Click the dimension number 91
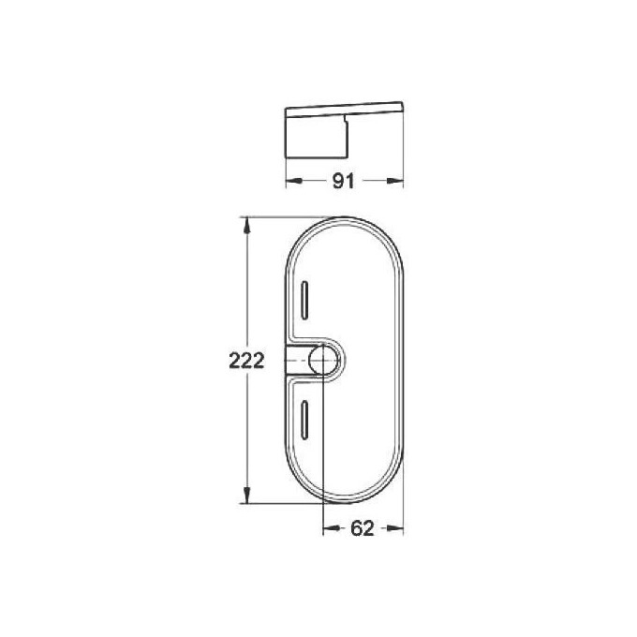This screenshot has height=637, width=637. [344, 182]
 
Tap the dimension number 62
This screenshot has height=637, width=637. [363, 529]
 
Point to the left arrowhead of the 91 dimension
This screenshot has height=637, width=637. [289, 182]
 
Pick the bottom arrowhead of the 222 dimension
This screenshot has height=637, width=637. [247, 498]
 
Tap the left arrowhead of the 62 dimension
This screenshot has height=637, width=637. [328, 529]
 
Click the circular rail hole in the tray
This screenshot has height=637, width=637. [324, 361]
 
